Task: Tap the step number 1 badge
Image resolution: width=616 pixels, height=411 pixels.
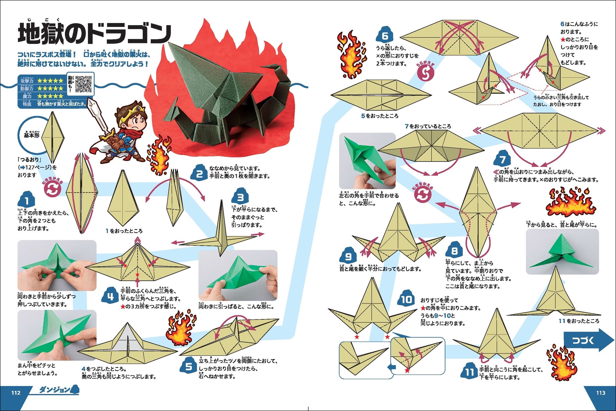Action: click(27, 200)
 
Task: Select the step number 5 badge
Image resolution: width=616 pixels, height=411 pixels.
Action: click(189, 366)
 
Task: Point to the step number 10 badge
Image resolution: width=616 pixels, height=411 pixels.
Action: click(406, 299)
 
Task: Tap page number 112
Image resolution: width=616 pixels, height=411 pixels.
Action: click(16, 393)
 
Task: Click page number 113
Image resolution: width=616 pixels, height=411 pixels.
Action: click(601, 393)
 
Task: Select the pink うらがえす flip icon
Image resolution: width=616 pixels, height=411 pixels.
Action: click(426, 73)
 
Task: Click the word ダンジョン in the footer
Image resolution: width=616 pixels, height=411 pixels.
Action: click(55, 390)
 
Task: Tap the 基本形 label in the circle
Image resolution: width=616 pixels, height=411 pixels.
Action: click(32, 135)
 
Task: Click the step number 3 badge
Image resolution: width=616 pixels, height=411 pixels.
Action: click(240, 198)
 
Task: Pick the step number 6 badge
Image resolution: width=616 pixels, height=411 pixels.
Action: click(385, 36)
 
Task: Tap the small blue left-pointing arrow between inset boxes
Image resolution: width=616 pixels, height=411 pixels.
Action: click(392, 367)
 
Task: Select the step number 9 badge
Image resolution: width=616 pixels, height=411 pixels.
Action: click(348, 256)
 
